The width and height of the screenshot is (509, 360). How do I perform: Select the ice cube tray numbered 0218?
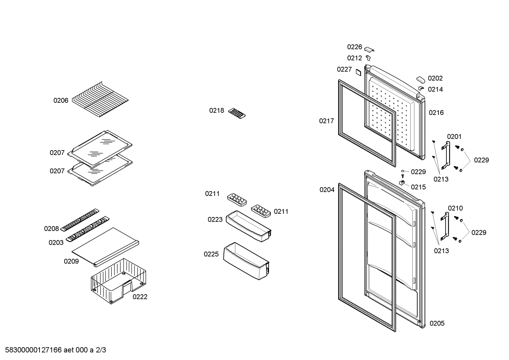237,113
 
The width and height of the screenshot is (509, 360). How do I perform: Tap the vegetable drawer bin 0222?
118,281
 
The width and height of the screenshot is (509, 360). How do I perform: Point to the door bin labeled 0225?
246,261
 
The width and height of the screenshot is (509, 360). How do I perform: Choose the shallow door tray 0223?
248,226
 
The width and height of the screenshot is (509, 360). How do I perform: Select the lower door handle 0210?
445,226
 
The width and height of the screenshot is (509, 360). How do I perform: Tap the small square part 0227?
358,72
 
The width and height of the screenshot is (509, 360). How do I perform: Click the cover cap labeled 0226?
369,49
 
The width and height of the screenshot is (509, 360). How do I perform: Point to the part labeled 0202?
421,80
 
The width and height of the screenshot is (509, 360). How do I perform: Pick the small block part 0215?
402,182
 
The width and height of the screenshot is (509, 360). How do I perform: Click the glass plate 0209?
105,247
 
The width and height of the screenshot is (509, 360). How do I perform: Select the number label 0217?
326,121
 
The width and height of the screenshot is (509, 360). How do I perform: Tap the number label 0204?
327,190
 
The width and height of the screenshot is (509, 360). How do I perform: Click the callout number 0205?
437,323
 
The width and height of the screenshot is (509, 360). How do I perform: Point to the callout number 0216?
436,113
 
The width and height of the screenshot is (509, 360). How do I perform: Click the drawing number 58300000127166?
34,350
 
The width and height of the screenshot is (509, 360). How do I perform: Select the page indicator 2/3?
101,350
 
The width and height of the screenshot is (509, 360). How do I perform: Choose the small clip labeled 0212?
369,58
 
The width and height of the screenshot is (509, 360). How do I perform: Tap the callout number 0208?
51,229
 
